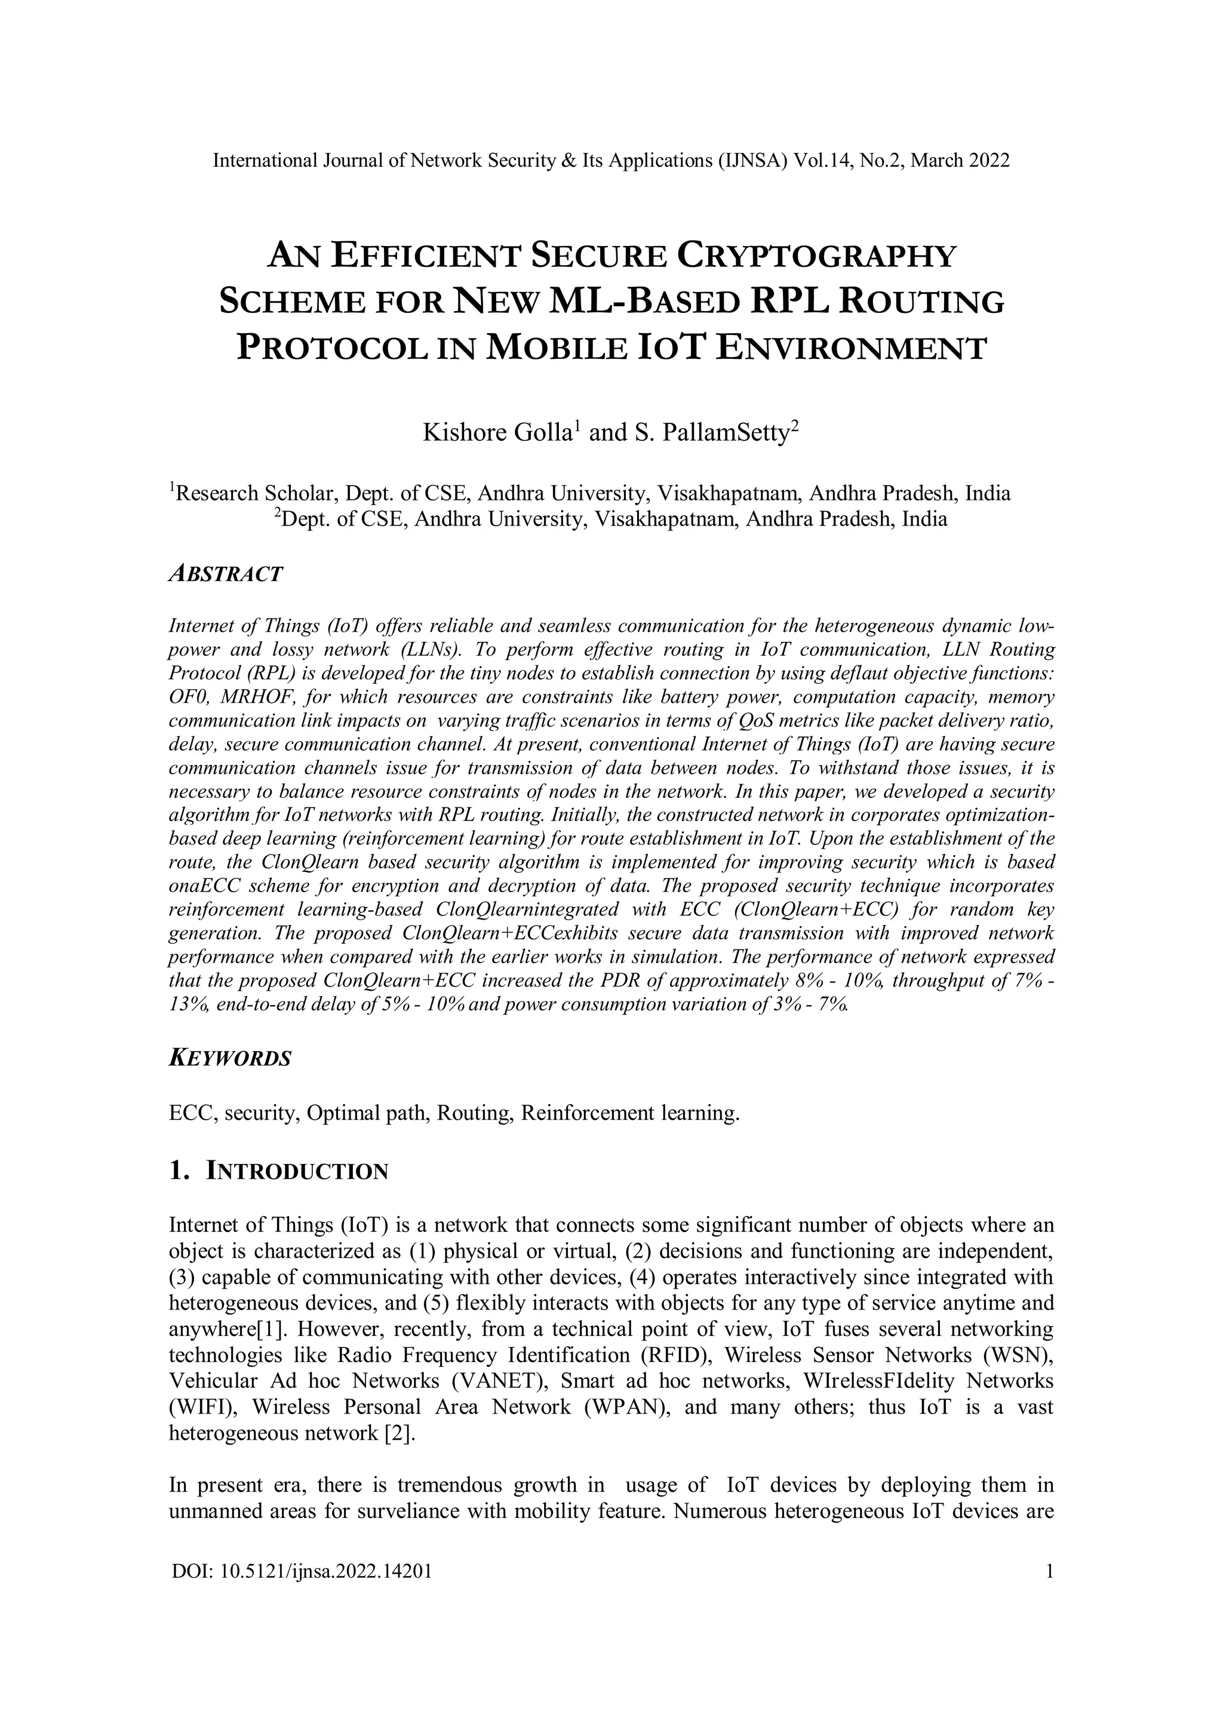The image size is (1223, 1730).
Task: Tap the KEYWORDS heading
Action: pos(230,1058)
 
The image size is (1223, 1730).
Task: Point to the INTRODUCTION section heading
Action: pos(297,1172)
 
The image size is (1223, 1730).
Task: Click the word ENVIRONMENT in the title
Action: pos(851,349)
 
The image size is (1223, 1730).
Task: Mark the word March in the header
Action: pos(935,161)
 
